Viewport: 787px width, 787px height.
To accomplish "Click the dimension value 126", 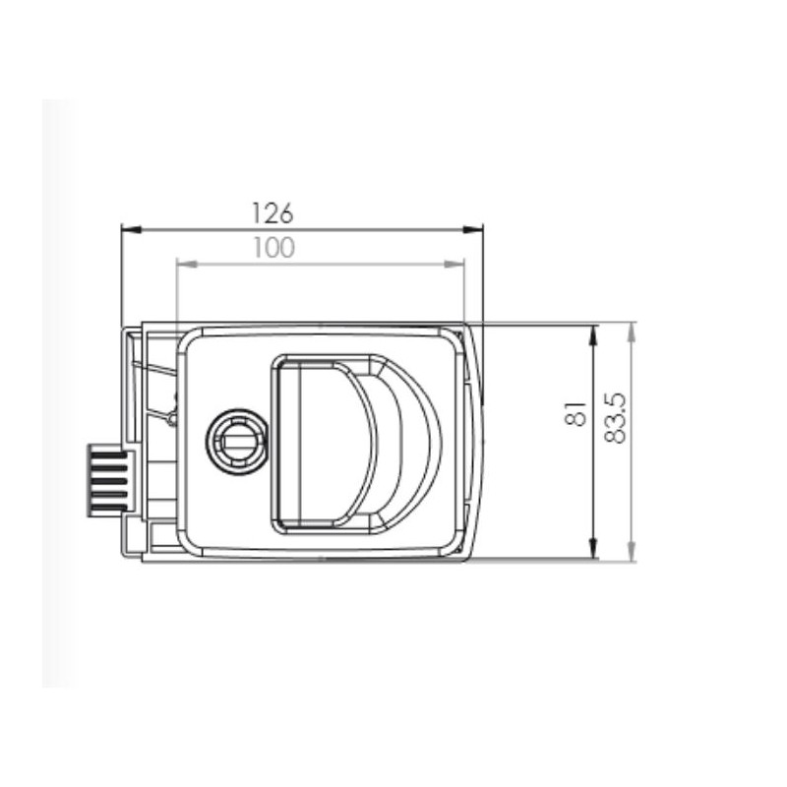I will (x=272, y=212).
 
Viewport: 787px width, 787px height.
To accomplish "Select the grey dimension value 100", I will (x=272, y=248).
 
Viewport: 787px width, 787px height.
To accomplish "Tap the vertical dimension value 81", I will (x=578, y=413).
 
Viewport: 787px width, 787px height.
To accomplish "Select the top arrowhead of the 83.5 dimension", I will (x=632, y=332).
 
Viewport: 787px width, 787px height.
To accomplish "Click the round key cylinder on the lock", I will (x=236, y=440).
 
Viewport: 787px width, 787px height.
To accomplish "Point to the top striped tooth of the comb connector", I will (x=106, y=452).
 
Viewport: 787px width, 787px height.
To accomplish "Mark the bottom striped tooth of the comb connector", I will (x=106, y=506).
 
